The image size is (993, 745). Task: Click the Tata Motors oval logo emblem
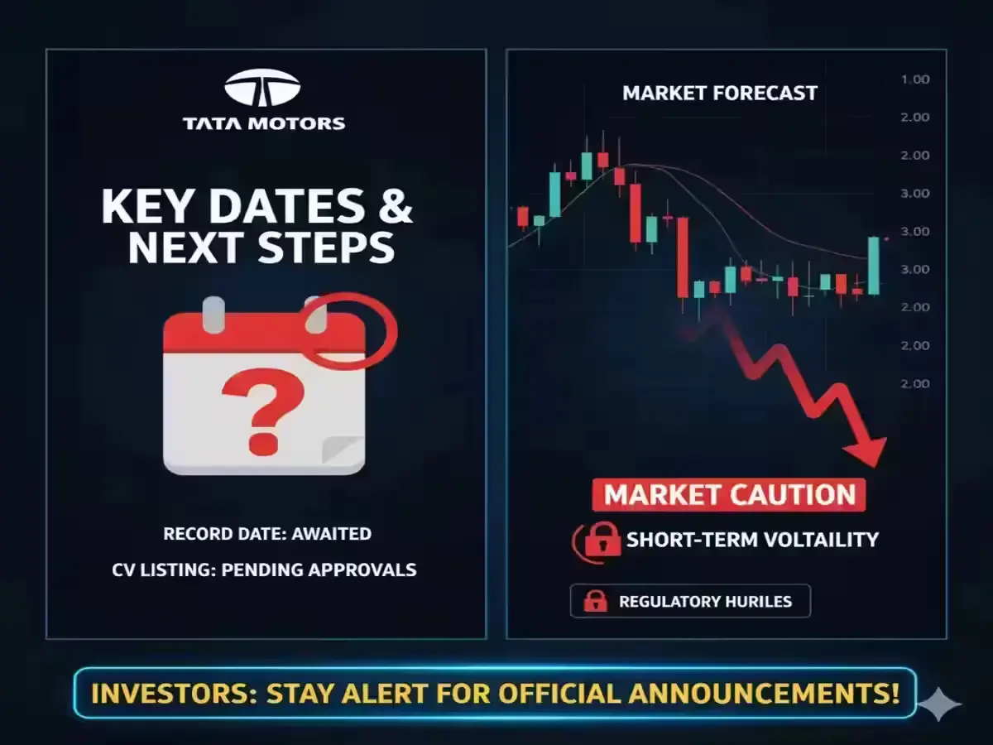pyautogui.click(x=262, y=88)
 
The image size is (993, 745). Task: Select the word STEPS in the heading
pyautogui.click(x=326, y=248)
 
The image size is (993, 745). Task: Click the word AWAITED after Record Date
pyautogui.click(x=332, y=534)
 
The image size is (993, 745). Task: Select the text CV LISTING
pyautogui.click(x=164, y=570)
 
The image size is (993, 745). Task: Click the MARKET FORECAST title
pyautogui.click(x=720, y=94)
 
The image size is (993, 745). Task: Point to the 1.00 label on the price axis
pyautogui.click(x=914, y=79)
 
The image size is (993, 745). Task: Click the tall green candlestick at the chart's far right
pyautogui.click(x=874, y=266)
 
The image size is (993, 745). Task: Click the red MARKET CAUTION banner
pyautogui.click(x=729, y=495)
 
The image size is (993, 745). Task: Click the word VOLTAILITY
pyautogui.click(x=821, y=540)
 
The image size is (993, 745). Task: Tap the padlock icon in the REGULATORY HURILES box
pyautogui.click(x=595, y=602)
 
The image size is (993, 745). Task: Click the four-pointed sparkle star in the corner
pyautogui.click(x=938, y=704)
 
